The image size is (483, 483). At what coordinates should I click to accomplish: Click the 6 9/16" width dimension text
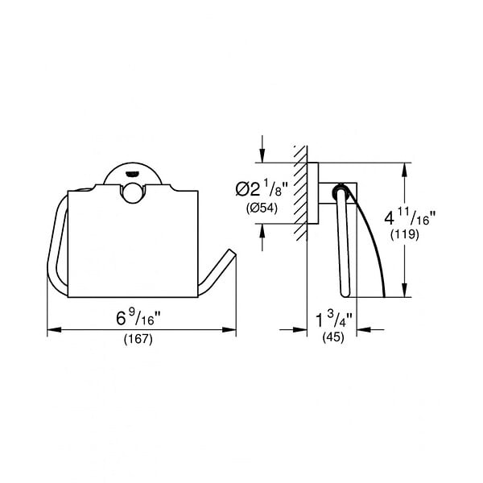[138, 318]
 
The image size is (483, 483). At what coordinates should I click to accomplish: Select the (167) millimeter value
[138, 340]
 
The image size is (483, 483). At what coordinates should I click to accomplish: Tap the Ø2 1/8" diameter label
[262, 188]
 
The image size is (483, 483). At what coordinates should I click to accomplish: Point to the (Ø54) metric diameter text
[262, 208]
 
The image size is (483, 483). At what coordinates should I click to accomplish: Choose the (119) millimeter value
[405, 235]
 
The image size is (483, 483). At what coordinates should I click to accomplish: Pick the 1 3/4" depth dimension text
[334, 320]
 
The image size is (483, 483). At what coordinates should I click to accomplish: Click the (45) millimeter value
[333, 337]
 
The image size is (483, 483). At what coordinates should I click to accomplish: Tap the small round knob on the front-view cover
[132, 192]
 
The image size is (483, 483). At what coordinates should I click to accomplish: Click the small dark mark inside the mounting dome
[132, 175]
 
